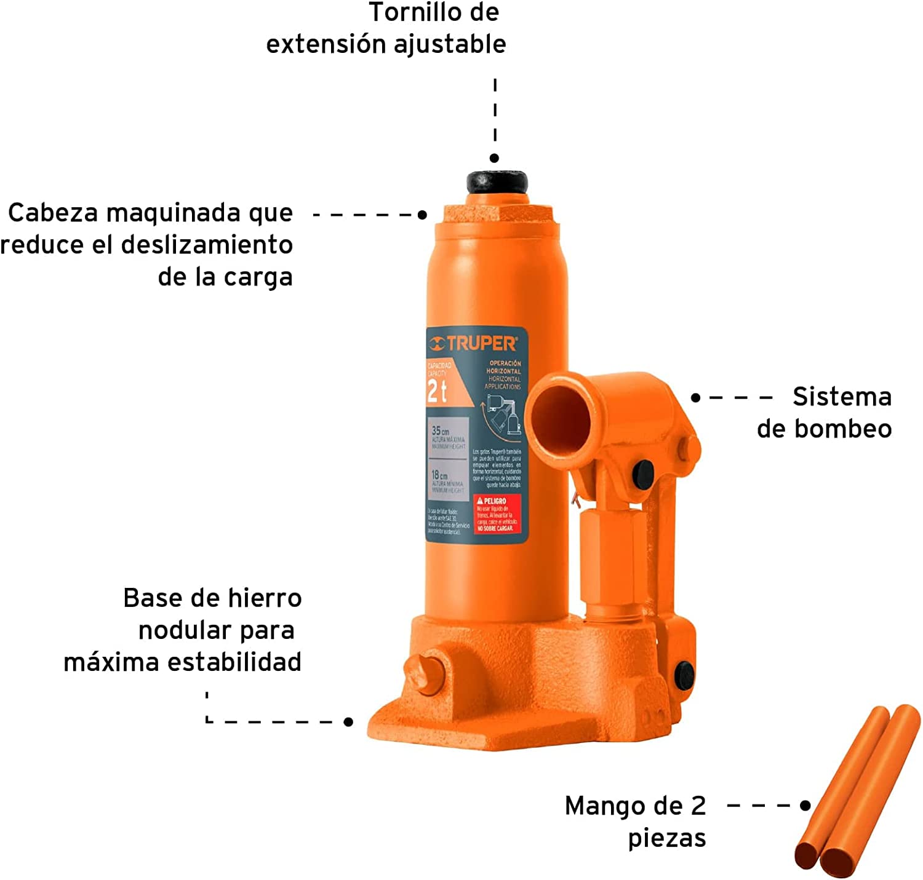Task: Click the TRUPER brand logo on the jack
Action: (473, 343)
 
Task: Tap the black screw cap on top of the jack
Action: (497, 182)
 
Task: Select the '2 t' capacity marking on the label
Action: (437, 391)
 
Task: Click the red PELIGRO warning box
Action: (497, 514)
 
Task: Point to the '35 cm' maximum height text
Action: (441, 431)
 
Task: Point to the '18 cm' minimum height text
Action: (439, 475)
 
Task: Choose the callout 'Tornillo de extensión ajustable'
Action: (386, 28)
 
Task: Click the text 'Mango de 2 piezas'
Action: (636, 822)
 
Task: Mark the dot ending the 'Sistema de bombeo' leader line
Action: (695, 398)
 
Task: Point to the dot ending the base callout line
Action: (348, 721)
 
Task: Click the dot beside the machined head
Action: (422, 215)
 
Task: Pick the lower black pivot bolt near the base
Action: (684, 675)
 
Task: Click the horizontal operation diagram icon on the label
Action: (501, 415)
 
